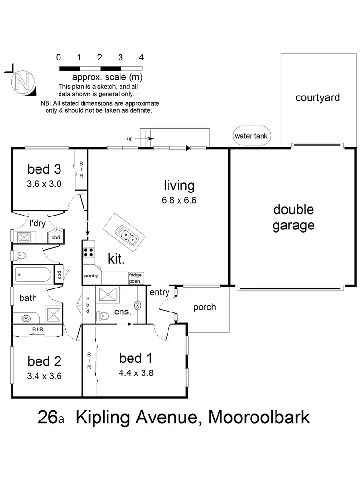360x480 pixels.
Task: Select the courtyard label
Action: pos(317,98)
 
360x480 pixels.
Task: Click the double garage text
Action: pos(293,217)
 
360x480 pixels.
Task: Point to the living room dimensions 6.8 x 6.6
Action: pos(179,200)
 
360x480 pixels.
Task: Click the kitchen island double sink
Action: pos(129,235)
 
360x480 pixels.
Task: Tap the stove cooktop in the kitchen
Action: pos(89,252)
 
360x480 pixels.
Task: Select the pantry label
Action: pos(91,276)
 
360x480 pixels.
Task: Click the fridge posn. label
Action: pos(135,278)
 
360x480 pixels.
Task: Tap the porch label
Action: pos(204,307)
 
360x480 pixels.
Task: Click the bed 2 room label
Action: pos(44,360)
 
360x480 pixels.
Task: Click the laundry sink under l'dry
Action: pos(24,236)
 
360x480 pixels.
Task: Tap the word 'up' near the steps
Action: pos(130,139)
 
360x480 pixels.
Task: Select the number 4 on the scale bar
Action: pos(141,57)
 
